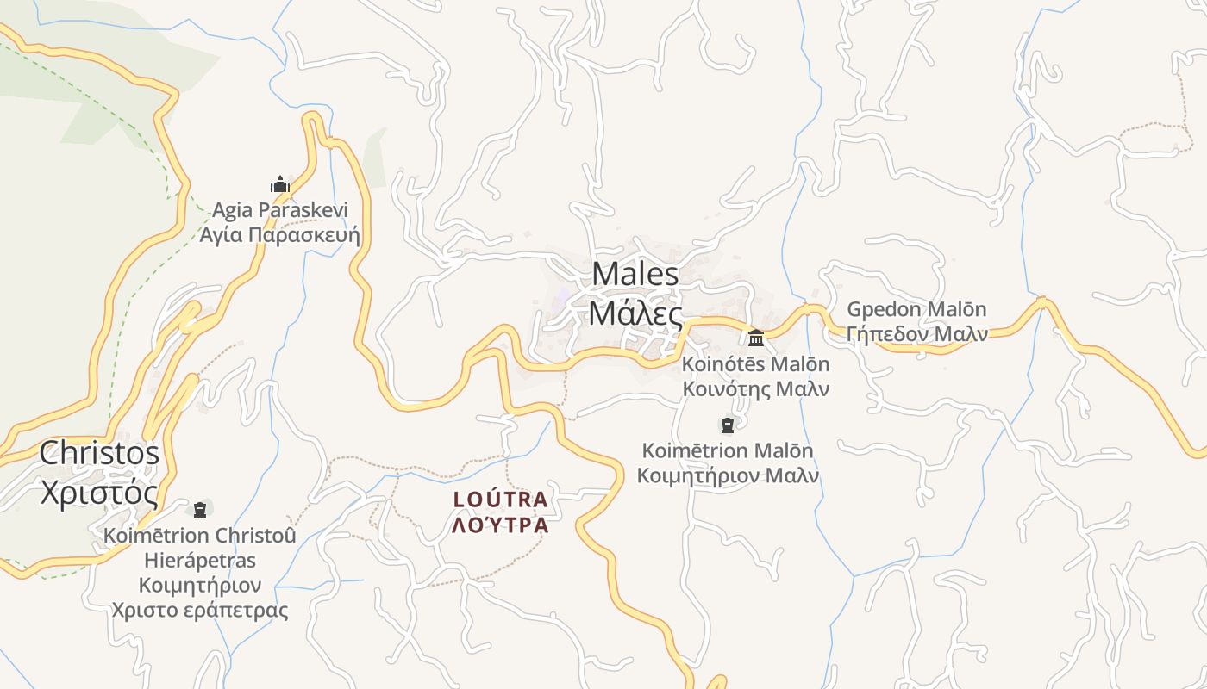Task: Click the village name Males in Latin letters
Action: pos(635,274)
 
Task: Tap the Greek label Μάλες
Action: pos(635,313)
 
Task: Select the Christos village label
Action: pos(100,453)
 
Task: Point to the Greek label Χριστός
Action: pos(100,493)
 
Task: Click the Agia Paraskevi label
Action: pos(280,209)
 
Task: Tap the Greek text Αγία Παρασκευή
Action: pos(280,234)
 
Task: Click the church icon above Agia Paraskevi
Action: pos(279,184)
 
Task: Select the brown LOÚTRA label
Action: pos(501,500)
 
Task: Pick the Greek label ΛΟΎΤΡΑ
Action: pos(501,525)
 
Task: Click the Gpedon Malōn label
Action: pos(916,309)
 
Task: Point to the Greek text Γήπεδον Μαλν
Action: pos(916,334)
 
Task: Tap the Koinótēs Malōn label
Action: pos(756,364)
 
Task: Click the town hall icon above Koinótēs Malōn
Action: pos(756,337)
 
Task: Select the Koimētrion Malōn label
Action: pos(728,450)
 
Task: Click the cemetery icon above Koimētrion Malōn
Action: pos(728,425)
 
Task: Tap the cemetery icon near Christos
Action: pos(201,509)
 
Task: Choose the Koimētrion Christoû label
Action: pos(200,535)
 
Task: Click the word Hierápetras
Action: pos(200,561)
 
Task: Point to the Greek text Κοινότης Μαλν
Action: pos(756,388)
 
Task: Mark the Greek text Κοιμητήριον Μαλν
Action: pos(728,475)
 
